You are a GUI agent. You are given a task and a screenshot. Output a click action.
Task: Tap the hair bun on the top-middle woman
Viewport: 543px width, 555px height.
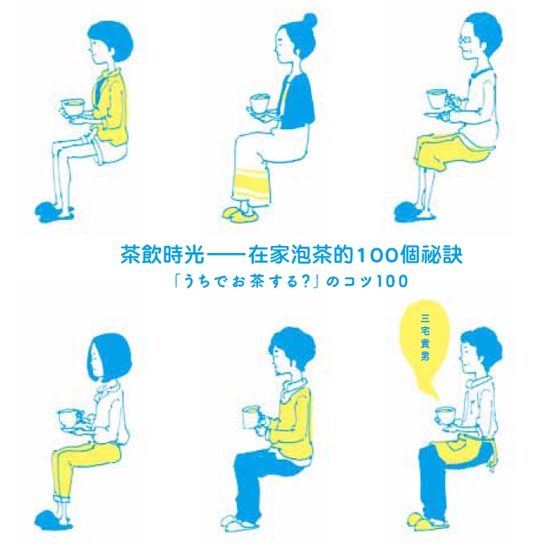pyautogui.click(x=310, y=20)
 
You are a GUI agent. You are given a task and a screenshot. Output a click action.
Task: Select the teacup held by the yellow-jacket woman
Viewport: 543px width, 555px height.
pyautogui.click(x=73, y=107)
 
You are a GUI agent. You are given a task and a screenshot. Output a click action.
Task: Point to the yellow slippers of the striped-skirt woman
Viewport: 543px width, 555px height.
pyautogui.click(x=238, y=213)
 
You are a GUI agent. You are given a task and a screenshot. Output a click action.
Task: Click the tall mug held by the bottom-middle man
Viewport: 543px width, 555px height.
pyautogui.click(x=250, y=418)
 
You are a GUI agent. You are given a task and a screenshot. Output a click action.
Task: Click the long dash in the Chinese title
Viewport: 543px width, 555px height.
pyautogui.click(x=227, y=255)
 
